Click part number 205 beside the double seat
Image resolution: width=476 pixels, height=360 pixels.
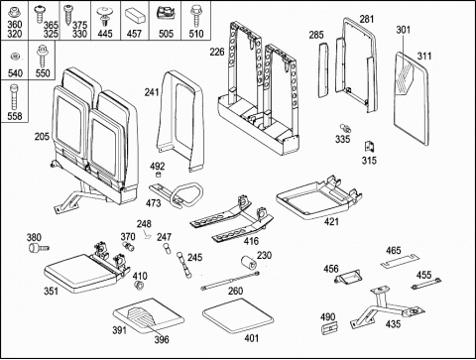pyautogui.click(x=42, y=136)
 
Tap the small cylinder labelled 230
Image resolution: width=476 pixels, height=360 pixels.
pyautogui.click(x=249, y=263)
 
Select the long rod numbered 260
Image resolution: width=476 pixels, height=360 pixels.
pyautogui.click(x=230, y=281)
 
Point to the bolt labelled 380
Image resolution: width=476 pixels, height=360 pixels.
pyautogui.click(x=39, y=248)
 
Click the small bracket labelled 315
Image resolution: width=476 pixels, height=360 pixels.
pyautogui.click(x=369, y=147)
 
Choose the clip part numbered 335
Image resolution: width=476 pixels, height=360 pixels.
pyautogui.click(x=345, y=128)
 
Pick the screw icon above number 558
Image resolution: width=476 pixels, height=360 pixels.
pyautogui.click(x=14, y=97)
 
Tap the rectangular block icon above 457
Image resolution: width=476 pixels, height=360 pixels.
pyautogui.click(x=136, y=15)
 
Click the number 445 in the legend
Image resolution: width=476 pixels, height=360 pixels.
pyautogui.click(x=105, y=34)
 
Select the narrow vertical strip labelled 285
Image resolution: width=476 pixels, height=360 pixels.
pyautogui.click(x=324, y=71)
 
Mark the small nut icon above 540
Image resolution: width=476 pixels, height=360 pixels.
pyautogui.click(x=15, y=57)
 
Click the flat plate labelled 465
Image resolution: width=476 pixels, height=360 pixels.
pyautogui.click(x=399, y=264)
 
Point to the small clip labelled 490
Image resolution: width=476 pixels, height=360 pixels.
pyautogui.click(x=329, y=327)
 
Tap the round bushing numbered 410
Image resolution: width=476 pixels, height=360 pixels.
pyautogui.click(x=140, y=285)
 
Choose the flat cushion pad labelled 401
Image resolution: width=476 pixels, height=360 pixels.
pyautogui.click(x=238, y=314)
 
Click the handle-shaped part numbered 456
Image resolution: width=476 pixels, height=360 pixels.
pyautogui.click(x=348, y=277)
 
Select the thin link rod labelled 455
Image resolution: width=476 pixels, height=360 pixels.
pyautogui.click(x=426, y=284)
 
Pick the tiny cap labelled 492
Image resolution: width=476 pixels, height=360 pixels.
pyautogui.click(x=159, y=175)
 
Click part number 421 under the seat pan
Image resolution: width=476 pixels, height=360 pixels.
pyautogui.click(x=331, y=221)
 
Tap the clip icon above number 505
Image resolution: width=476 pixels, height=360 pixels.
pyautogui.click(x=165, y=13)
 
